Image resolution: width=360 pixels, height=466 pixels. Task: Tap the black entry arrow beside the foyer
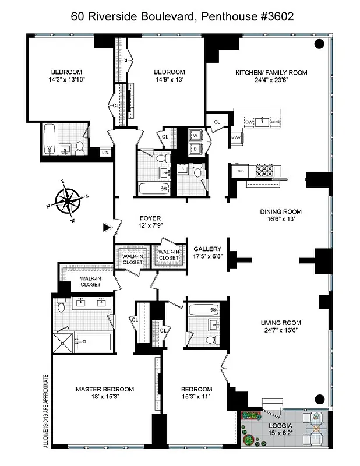[107, 228]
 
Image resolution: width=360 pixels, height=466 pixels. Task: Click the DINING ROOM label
[279, 212]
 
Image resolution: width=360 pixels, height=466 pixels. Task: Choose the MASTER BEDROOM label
[105, 389]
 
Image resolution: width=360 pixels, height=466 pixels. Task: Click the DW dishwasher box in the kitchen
[249, 122]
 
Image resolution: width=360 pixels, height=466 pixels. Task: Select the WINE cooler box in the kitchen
[275, 122]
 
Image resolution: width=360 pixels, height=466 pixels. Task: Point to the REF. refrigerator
[239, 171]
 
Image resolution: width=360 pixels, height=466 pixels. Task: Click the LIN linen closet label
[105, 153]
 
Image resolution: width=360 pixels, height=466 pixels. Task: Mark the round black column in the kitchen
[319, 44]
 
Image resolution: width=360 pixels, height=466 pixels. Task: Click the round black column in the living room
[319, 399]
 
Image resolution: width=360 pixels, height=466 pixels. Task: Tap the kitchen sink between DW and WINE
[262, 122]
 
